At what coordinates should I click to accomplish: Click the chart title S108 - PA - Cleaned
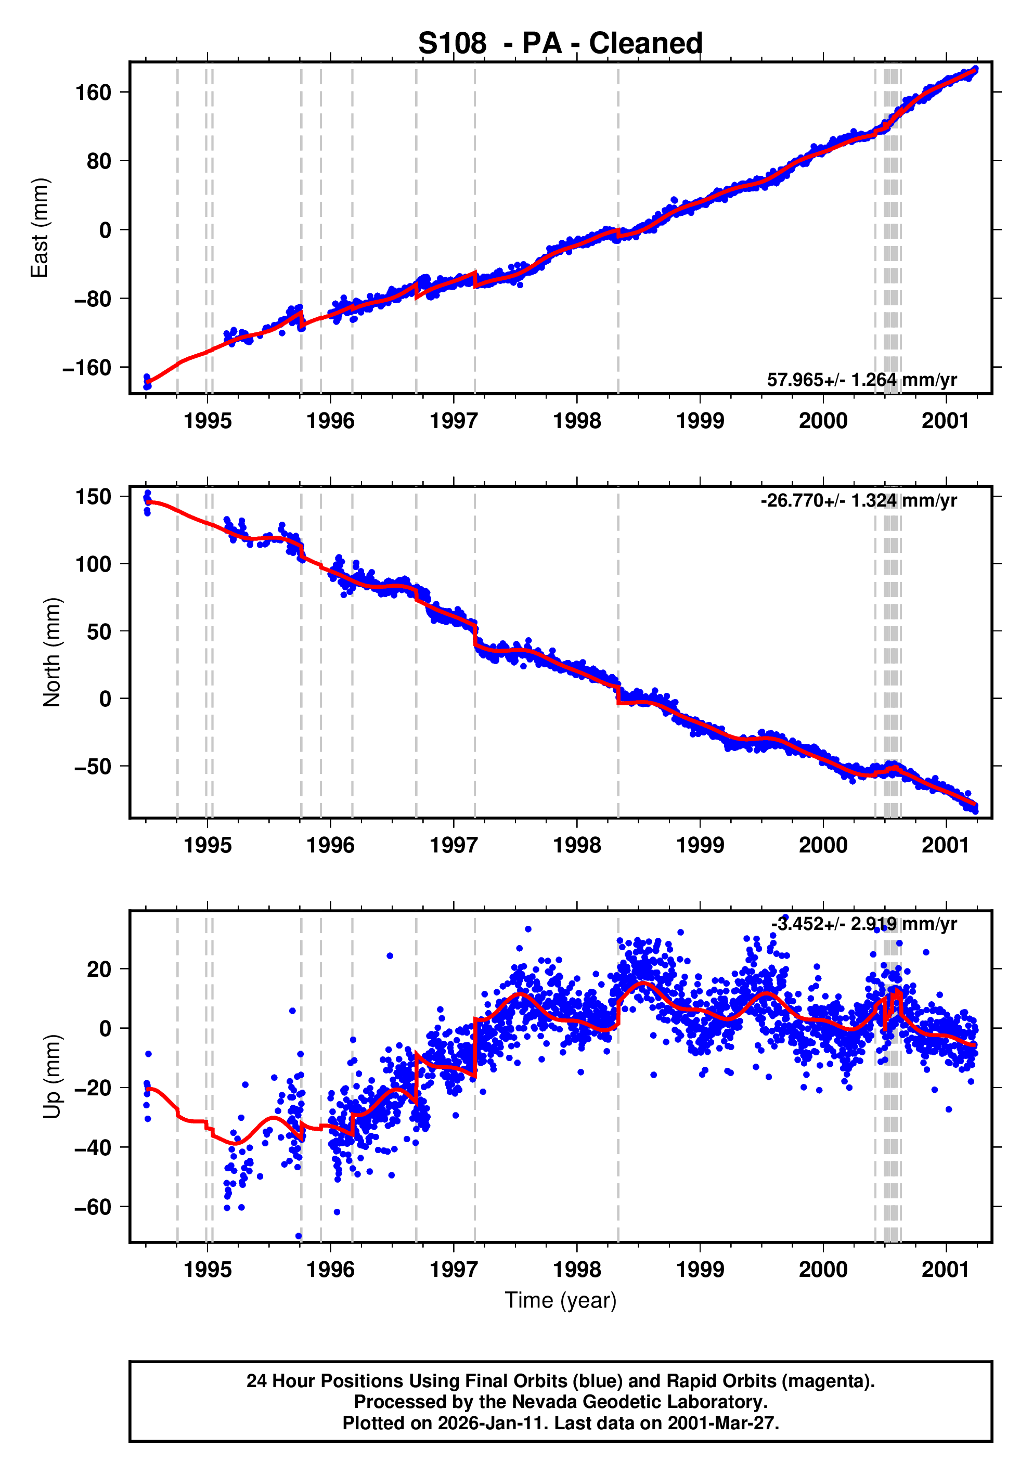point(560,44)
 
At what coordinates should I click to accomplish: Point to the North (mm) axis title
point(52,652)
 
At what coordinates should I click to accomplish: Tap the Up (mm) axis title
point(52,1076)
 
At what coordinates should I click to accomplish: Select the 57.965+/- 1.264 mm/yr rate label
point(861,380)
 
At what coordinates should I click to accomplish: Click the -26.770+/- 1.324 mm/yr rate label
point(858,500)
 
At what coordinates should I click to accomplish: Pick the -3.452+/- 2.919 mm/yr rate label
point(863,924)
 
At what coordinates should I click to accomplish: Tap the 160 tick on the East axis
point(93,93)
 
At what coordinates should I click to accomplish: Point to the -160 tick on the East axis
point(87,368)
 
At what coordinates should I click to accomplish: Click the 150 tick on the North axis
point(93,496)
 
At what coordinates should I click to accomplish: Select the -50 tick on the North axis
point(93,767)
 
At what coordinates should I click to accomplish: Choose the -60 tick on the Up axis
point(93,1207)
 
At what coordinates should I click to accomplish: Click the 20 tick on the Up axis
point(99,969)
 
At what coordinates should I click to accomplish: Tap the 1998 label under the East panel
point(576,421)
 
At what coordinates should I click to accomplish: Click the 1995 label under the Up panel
point(208,1269)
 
